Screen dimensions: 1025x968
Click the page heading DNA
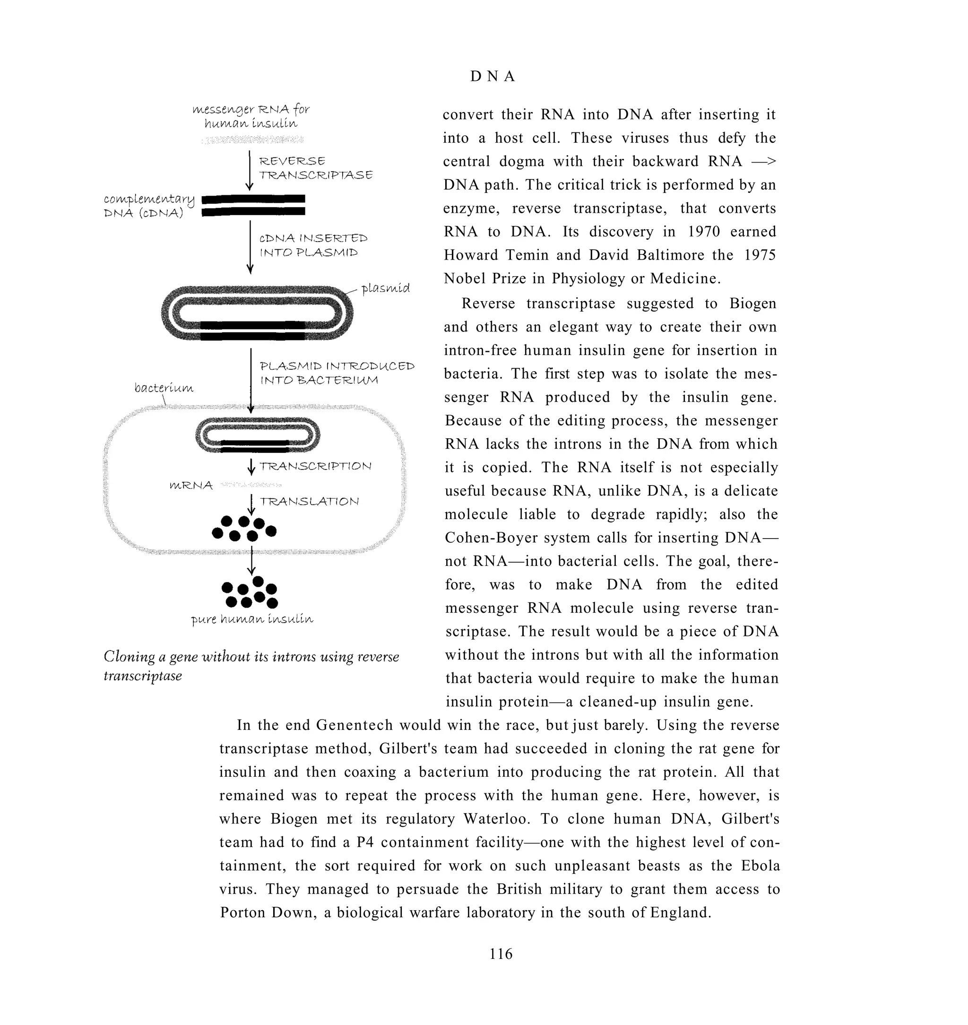(x=493, y=77)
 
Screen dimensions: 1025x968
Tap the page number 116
(x=501, y=953)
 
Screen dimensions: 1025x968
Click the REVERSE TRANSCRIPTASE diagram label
(x=315, y=168)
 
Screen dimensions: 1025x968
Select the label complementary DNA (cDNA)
(x=148, y=206)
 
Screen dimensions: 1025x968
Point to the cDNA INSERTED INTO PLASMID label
(x=313, y=245)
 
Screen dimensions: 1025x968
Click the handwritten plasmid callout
(x=385, y=288)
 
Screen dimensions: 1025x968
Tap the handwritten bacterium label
(x=164, y=388)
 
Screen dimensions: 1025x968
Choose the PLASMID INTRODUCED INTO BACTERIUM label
(x=337, y=373)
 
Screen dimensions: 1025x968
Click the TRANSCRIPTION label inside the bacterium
(x=315, y=466)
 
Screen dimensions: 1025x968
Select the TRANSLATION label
(x=309, y=501)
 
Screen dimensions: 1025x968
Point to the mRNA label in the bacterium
(x=191, y=485)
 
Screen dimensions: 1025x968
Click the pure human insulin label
(x=252, y=618)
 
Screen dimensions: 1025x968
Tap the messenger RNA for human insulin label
(x=251, y=116)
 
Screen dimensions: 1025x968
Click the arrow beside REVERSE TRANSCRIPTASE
(x=249, y=171)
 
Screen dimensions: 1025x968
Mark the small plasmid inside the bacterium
(x=258, y=435)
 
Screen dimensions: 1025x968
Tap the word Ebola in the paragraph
(x=760, y=866)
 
